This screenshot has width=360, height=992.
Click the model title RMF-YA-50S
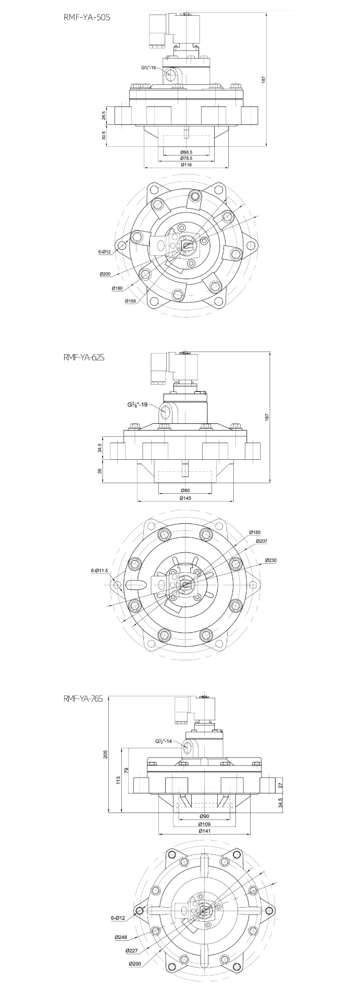coord(86,17)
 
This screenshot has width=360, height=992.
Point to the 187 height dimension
coord(264,79)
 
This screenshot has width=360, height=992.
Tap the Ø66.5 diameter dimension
coord(186,152)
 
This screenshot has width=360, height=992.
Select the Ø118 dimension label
coord(186,165)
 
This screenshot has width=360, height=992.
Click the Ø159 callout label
coord(131,301)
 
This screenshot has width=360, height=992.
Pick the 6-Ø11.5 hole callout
coord(99,571)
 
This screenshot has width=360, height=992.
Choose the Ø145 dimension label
coord(185,498)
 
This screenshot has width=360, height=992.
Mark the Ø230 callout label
coord(270,560)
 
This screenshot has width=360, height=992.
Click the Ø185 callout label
coord(255,532)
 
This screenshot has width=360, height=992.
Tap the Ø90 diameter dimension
coord(204,815)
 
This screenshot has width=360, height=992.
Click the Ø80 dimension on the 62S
coord(185,491)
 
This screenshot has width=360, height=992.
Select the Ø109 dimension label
coord(204,824)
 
